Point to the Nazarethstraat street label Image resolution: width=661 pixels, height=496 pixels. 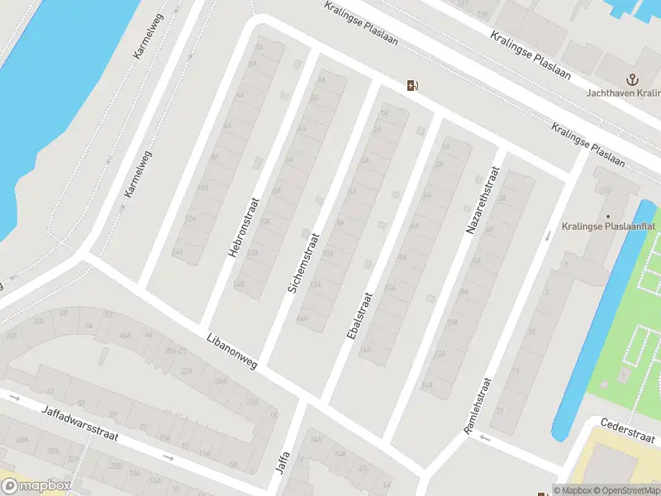484,199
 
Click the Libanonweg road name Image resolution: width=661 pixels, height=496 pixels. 232,352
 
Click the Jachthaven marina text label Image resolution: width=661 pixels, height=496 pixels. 624,94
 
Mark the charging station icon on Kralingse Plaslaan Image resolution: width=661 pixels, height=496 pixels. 411,85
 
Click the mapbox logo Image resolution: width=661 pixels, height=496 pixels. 36,486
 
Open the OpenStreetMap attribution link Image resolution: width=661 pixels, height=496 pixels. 626,490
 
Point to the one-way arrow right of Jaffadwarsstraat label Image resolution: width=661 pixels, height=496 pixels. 168,457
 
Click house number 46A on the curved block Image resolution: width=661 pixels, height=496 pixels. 126,336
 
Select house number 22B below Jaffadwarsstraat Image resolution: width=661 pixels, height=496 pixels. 117,467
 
